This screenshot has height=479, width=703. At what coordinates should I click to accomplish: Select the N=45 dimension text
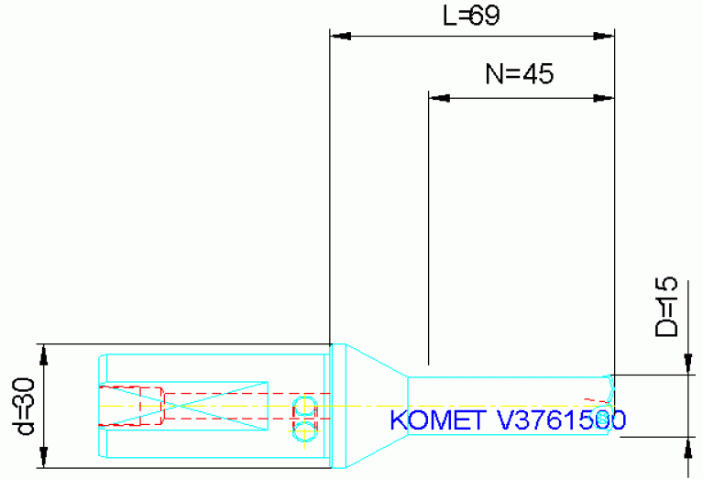(x=519, y=75)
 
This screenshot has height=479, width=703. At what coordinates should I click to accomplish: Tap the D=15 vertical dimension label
(x=666, y=307)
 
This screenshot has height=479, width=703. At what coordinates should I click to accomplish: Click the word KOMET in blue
(x=438, y=420)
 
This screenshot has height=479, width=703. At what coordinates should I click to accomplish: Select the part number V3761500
(x=561, y=420)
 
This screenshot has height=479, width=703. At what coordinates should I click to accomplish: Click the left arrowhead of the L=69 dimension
(x=340, y=38)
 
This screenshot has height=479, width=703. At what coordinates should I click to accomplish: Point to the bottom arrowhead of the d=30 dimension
(x=42, y=461)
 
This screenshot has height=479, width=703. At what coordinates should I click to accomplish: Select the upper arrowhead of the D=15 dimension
(x=688, y=366)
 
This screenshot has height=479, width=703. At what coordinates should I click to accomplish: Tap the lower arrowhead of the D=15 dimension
(x=688, y=445)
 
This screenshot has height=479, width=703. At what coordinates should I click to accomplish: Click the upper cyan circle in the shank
(x=303, y=407)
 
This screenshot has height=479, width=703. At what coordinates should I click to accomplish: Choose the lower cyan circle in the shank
(x=303, y=430)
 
